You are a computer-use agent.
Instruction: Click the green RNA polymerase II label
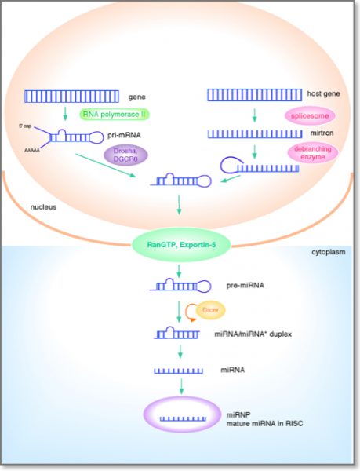click(x=115, y=114)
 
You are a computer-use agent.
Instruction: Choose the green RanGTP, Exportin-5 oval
click(x=180, y=241)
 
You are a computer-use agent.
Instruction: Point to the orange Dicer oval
click(x=210, y=311)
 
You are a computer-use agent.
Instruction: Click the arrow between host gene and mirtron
click(x=255, y=117)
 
